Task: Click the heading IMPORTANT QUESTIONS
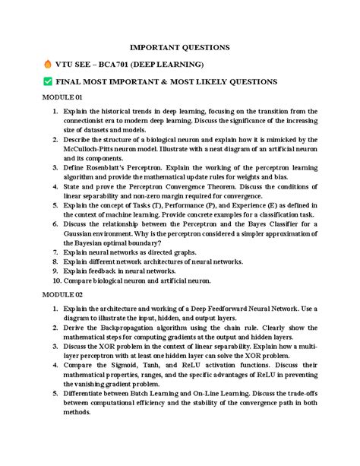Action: click(x=180, y=47)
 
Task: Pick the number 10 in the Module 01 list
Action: click(x=55, y=281)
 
